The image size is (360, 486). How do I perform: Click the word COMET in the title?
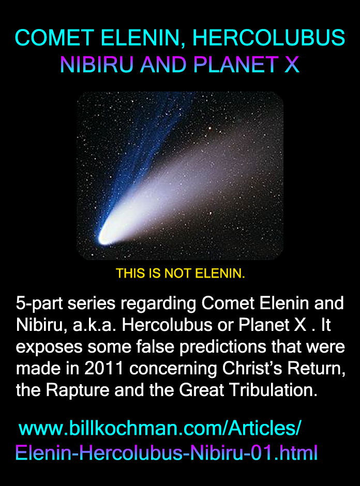pyautogui.click(x=54, y=38)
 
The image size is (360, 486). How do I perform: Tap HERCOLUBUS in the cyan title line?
pyautogui.click(x=268, y=38)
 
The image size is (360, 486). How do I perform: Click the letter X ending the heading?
pyautogui.click(x=292, y=65)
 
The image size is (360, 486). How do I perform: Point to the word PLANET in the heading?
pyautogui.click(x=236, y=65)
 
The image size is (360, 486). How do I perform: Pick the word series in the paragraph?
pyautogui.click(x=92, y=303)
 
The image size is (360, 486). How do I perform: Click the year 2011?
pyautogui.click(x=104, y=368)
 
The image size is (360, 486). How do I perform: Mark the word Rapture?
pyautogui.click(x=78, y=390)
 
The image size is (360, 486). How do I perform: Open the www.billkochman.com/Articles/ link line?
pyautogui.click(x=160, y=428)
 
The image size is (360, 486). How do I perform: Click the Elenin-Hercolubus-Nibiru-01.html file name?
pyautogui.click(x=167, y=453)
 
